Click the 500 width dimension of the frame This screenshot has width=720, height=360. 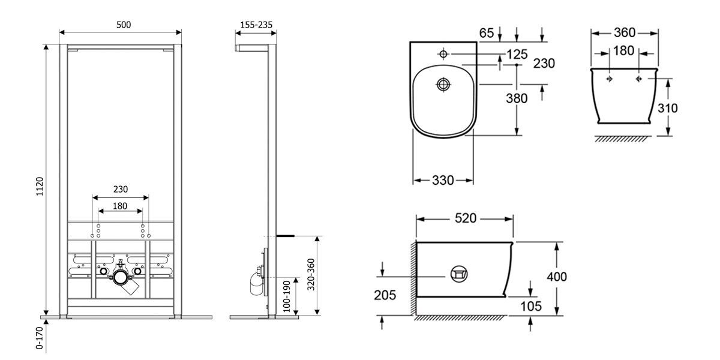pyautogui.click(x=124, y=25)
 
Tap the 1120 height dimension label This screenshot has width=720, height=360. pyautogui.click(x=39, y=187)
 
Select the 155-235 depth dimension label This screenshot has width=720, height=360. pyautogui.click(x=256, y=25)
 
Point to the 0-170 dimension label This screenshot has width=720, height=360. pyautogui.click(x=39, y=338)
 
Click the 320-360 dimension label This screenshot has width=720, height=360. pyautogui.click(x=311, y=275)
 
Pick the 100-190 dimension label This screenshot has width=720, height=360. pyautogui.click(x=287, y=296)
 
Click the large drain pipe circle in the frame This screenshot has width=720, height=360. pyautogui.click(x=121, y=277)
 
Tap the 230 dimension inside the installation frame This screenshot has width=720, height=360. pyautogui.click(x=121, y=189)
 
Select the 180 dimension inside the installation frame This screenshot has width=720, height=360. pyautogui.click(x=120, y=206)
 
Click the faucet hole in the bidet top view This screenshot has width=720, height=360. pyautogui.click(x=443, y=54)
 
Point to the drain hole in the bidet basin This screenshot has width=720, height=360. pyautogui.click(x=443, y=84)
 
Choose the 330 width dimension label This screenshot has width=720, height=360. pyautogui.click(x=443, y=181)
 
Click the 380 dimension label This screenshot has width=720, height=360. pyautogui.click(x=517, y=98)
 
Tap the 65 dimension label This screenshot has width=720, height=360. pyautogui.click(x=487, y=33)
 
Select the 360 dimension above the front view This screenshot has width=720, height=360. pyautogui.click(x=625, y=32)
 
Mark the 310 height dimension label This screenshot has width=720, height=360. pyautogui.click(x=668, y=109)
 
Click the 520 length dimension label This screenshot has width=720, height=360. pyautogui.click(x=466, y=218)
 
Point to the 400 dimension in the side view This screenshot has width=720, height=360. pyautogui.click(x=557, y=277)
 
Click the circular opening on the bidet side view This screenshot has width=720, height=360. pyautogui.click(x=459, y=274)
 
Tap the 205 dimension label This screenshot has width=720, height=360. pyautogui.click(x=385, y=295)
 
